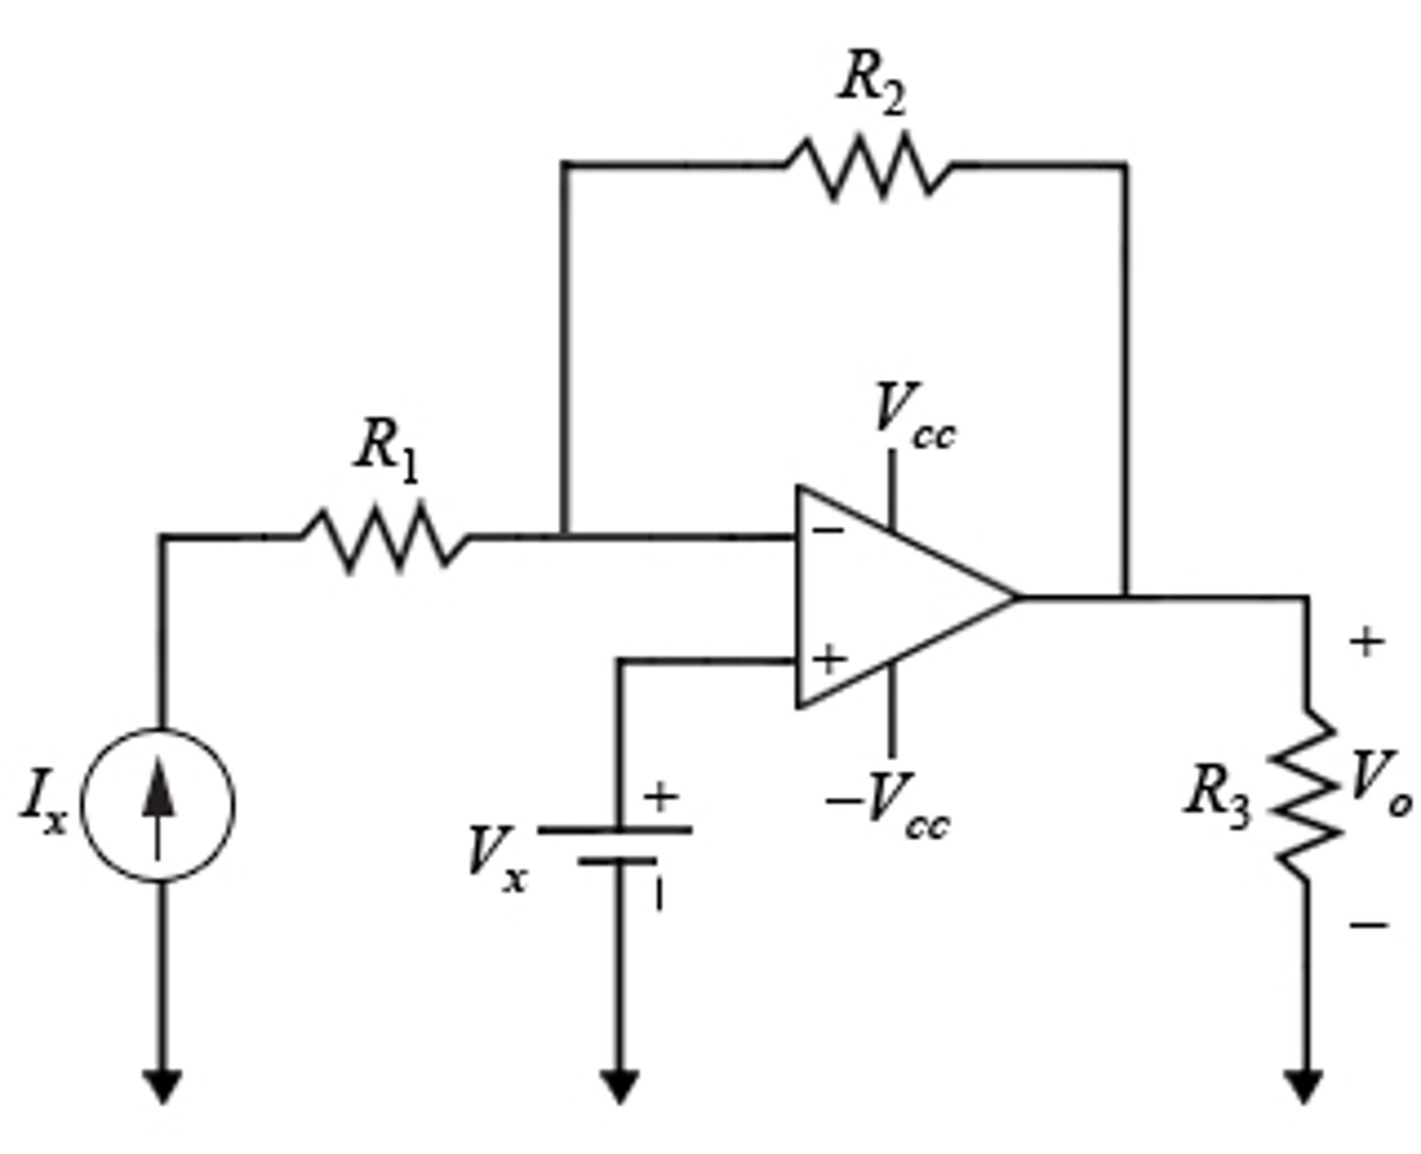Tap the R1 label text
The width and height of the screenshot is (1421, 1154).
coord(387,448)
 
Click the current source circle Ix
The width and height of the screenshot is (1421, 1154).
coord(159,805)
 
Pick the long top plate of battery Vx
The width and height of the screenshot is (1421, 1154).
coord(615,830)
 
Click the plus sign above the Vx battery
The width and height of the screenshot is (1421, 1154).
coord(660,796)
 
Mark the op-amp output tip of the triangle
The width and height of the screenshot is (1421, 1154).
coord(1015,596)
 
